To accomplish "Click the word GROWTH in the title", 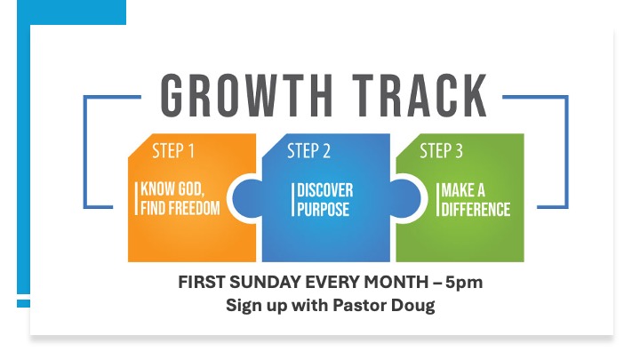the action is coord(246,95).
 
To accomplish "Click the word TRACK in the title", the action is coord(420,95).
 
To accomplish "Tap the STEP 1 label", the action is coord(173,151).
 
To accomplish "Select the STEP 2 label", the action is coord(308,151).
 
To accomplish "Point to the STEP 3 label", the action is coord(441,151).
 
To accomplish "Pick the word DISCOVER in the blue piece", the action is coord(325,190).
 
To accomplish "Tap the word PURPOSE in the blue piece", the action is coord(323,209).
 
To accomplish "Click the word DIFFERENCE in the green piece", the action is coord(476,210).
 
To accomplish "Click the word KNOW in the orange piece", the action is coord(152,189).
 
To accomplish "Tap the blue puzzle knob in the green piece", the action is coord(405,198).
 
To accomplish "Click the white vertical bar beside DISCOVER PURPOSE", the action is coord(292,200).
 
